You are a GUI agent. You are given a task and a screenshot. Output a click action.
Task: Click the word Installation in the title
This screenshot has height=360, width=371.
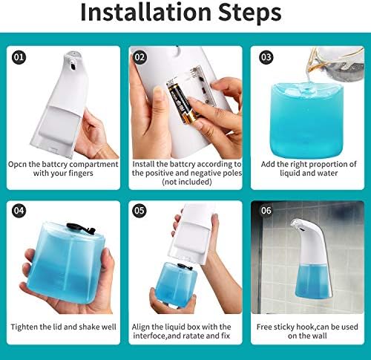(146, 12)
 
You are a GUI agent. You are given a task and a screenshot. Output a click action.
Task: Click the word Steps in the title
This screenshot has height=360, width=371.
(250, 13)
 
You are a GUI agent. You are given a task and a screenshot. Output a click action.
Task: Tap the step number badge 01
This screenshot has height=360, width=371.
(19, 57)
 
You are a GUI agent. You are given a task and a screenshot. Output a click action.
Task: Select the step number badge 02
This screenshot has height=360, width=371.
(139, 57)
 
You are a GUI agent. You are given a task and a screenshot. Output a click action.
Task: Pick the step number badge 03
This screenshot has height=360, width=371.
(266, 57)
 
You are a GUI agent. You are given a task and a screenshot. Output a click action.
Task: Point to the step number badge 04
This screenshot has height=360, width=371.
(19, 211)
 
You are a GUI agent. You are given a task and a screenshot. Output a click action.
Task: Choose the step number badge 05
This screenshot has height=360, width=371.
(139, 211)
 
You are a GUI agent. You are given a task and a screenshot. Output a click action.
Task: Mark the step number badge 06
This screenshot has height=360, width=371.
(266, 211)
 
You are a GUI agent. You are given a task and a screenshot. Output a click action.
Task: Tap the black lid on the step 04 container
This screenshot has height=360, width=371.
(81, 228)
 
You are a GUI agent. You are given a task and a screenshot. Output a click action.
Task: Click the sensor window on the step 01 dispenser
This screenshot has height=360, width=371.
(73, 66)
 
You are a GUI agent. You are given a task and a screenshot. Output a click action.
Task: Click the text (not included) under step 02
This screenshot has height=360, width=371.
(187, 182)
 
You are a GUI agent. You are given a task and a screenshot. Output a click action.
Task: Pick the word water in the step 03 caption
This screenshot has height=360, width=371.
(327, 173)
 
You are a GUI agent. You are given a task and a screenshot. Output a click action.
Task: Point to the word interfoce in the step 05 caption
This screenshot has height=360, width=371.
(150, 336)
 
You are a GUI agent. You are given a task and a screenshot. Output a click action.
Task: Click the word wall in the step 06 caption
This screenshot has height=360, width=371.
(321, 336)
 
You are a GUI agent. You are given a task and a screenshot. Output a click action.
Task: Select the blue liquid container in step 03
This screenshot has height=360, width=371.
(306, 120)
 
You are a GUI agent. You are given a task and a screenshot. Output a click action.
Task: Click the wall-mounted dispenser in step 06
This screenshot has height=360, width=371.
(312, 258)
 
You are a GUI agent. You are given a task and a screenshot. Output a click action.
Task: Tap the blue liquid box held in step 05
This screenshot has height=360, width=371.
(176, 284)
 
